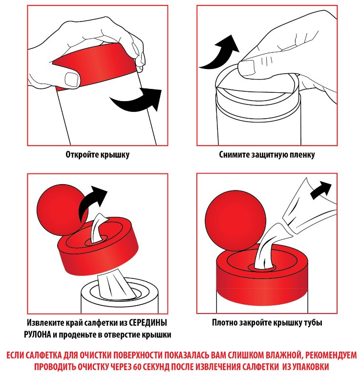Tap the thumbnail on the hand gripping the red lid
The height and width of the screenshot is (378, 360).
(x=72, y=79)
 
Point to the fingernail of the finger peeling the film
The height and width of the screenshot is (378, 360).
(x=247, y=67)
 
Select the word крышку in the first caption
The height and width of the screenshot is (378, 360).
(x=115, y=155)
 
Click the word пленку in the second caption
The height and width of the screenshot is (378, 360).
(x=303, y=155)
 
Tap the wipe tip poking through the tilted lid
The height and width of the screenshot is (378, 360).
(x=99, y=227)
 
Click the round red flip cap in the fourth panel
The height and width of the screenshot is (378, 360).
(x=235, y=221)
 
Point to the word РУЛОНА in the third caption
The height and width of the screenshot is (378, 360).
(x=38, y=335)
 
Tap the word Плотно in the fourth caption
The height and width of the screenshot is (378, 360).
(x=225, y=322)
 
